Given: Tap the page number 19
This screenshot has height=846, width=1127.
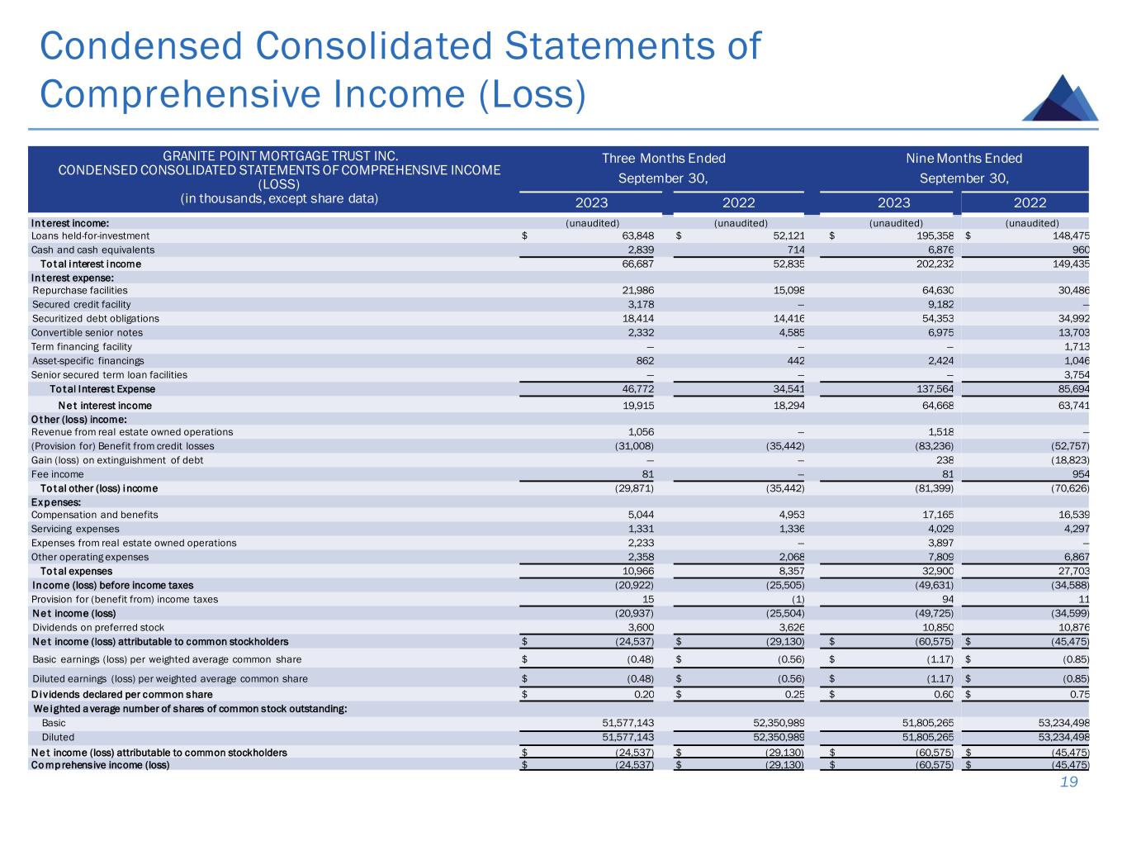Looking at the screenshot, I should click(1069, 782).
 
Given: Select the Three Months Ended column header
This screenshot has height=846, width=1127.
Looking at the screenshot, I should click(663, 159).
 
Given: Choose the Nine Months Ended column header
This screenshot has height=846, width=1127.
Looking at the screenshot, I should click(964, 159).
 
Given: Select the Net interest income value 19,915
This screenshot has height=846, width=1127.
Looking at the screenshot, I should click(637, 406).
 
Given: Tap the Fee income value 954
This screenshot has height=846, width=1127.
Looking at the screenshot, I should click(1080, 474).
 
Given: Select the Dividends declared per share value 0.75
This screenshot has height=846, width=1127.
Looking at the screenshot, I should click(1077, 695).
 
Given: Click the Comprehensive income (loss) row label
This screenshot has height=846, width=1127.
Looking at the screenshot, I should click(100, 765).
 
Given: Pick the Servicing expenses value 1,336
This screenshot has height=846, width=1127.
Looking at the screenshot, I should click(788, 529).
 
